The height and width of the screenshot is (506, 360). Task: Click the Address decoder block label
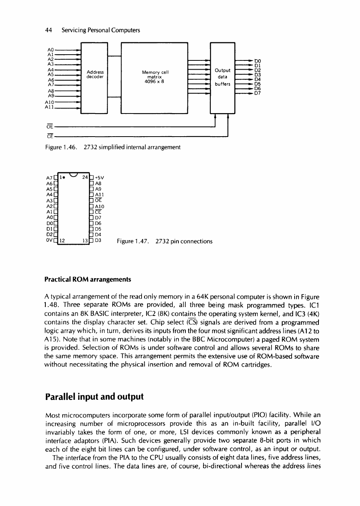(95, 74)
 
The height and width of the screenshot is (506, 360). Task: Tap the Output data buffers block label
(222, 77)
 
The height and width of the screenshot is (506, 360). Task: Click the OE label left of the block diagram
(49, 125)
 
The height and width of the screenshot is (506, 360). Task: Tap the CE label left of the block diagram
(49, 136)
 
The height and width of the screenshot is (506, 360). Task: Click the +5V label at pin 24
(100, 178)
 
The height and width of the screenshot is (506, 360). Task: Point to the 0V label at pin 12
(50, 241)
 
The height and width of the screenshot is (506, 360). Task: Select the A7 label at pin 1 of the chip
(50, 178)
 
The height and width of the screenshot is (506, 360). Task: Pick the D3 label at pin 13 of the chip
(98, 241)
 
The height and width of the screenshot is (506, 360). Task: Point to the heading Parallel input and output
(94, 396)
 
